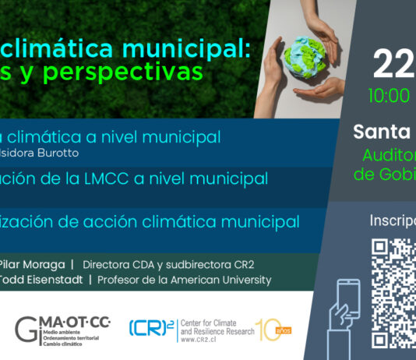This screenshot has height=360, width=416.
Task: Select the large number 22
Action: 393,65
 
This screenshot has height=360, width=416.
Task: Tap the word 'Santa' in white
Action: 383,130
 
